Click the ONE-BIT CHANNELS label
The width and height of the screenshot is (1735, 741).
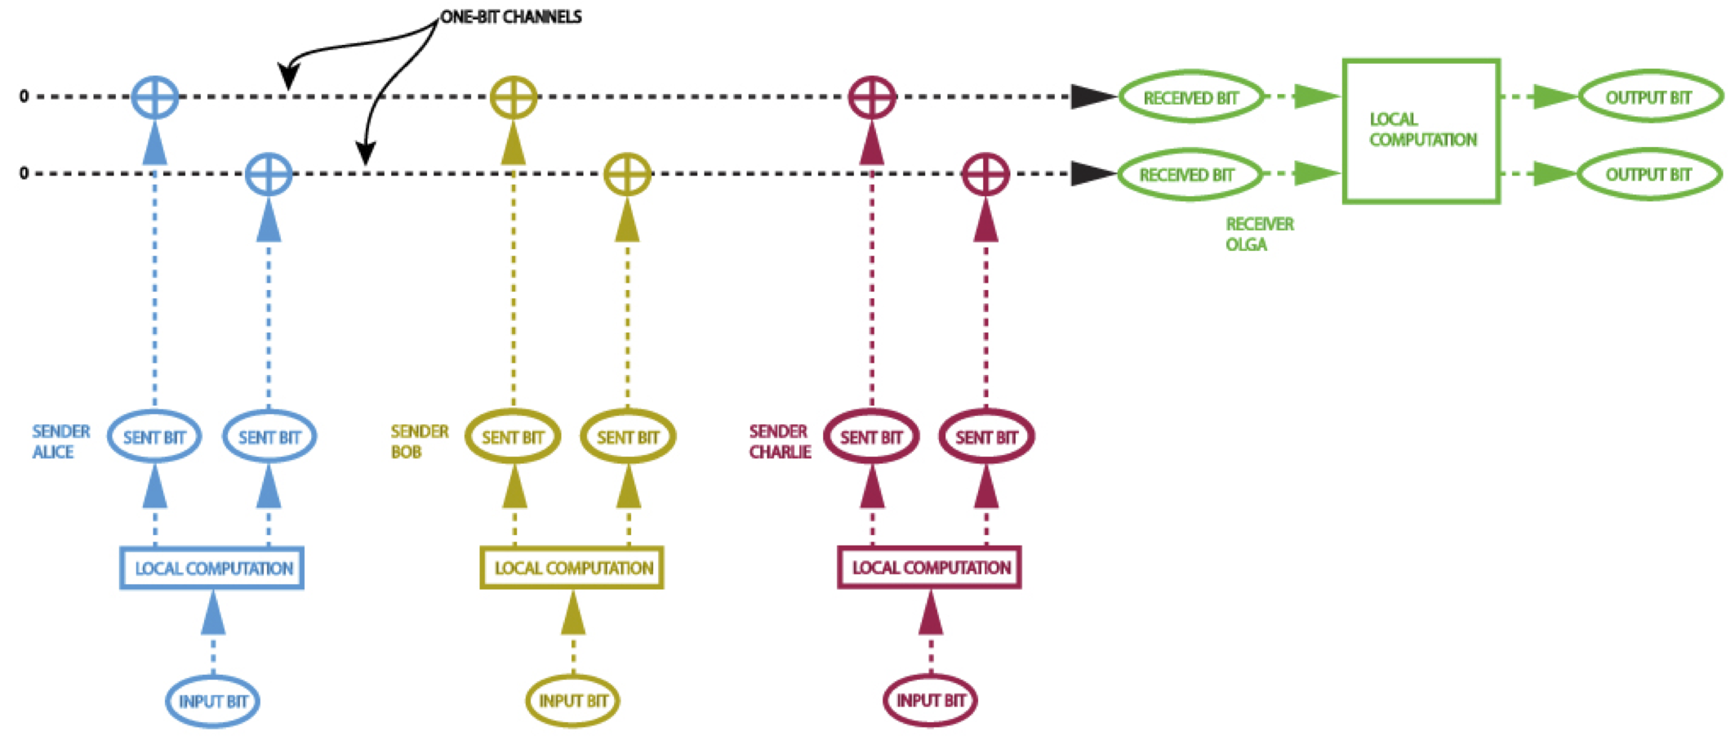511,17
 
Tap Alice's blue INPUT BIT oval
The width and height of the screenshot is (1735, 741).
212,701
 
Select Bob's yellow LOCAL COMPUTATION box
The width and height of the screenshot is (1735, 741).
572,568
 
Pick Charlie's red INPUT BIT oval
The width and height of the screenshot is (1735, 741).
930,700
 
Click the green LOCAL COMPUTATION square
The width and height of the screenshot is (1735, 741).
1421,131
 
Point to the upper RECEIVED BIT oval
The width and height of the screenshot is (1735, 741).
1190,97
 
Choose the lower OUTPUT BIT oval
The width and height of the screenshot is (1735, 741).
1648,174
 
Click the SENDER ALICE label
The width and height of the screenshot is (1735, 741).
60,441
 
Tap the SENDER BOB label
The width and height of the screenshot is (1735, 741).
419,441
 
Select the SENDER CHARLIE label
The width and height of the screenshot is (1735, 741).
780,441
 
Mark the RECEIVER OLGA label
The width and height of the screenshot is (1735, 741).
1258,234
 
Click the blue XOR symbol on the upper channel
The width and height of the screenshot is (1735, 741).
155,96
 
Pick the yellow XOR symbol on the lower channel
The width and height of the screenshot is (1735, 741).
627,174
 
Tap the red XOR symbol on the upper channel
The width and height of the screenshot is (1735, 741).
872,96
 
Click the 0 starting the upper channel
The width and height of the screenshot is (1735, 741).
24,96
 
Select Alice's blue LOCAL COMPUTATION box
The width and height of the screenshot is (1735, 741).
212,568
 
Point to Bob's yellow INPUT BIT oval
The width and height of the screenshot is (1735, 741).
572,700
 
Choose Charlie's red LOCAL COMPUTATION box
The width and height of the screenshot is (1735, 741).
930,568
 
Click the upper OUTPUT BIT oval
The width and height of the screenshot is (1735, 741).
1648,97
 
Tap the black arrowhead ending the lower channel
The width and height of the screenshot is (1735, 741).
1092,174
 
